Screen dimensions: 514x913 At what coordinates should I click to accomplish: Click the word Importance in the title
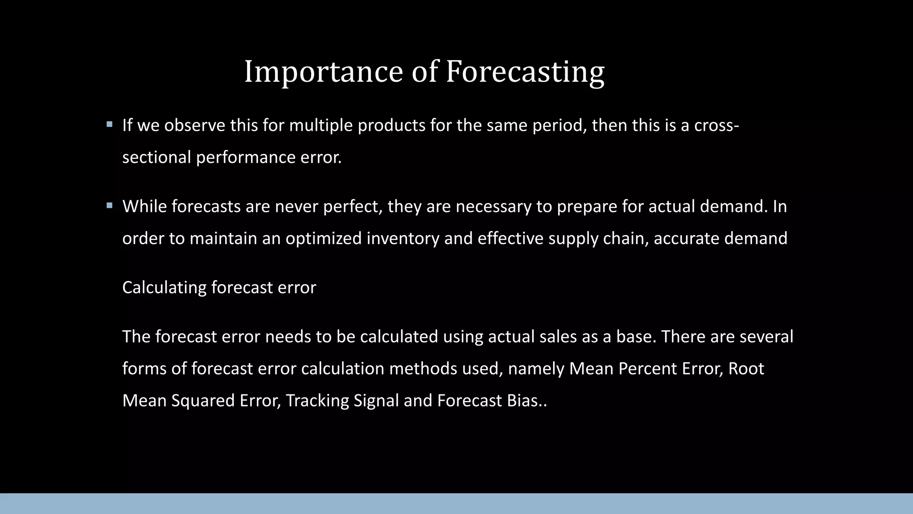323,72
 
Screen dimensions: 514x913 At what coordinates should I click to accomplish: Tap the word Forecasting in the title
525,72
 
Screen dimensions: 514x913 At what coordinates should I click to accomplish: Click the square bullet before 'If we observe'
110,124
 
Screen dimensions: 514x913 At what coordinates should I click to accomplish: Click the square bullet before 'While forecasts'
110,206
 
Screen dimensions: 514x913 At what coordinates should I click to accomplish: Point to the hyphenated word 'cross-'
716,126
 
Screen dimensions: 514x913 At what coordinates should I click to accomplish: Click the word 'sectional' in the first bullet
156,158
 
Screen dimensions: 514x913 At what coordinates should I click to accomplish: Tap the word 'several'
766,336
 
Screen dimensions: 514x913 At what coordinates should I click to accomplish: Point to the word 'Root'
746,369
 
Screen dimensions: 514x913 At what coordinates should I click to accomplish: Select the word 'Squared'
203,401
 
